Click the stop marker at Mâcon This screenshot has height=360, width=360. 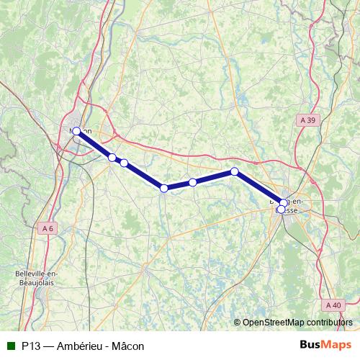[x=76, y=131]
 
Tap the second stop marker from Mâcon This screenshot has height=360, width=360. [x=112, y=158]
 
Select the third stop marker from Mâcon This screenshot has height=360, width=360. [x=124, y=163]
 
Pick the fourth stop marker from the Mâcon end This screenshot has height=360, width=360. [x=164, y=188]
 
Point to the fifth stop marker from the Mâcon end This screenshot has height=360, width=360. [x=193, y=182]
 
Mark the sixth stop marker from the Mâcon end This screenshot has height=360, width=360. [x=234, y=171]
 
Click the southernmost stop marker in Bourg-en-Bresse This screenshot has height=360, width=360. [x=281, y=210]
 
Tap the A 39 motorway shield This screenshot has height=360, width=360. [x=307, y=120]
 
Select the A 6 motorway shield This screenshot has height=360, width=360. [x=48, y=228]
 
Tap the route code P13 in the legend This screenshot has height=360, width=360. [x=30, y=346]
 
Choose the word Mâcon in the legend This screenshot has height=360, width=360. [x=127, y=346]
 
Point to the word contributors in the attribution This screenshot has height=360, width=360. [x=331, y=323]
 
